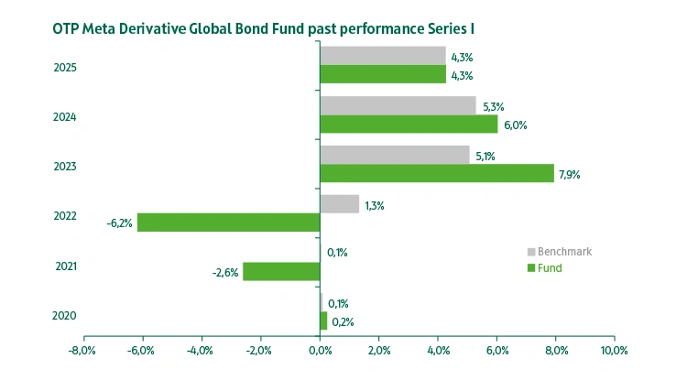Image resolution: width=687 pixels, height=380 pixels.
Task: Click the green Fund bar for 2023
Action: pos(437,173)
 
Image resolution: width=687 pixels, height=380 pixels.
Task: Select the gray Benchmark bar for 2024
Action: pos(398,106)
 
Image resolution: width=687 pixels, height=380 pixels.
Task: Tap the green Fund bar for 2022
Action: pos(228,223)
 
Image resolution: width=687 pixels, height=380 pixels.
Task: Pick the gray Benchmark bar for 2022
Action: pos(339,204)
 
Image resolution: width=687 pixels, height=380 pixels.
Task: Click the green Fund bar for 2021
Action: pos(280,272)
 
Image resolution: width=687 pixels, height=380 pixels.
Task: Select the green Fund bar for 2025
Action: pos(383,75)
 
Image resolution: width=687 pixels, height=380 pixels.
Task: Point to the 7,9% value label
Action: pos(570,174)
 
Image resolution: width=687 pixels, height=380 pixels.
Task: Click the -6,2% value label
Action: pos(120,223)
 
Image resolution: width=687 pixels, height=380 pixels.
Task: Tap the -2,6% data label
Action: pos(225,272)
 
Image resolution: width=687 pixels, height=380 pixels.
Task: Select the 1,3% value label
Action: pos(374,205)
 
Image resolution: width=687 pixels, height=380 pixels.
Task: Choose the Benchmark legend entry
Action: pos(562,252)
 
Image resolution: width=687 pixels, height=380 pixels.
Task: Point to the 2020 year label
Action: pos(64,316)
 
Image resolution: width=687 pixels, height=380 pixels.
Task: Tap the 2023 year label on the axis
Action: pos(64,167)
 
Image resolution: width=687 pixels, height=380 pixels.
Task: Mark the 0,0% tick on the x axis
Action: pos(320,350)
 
